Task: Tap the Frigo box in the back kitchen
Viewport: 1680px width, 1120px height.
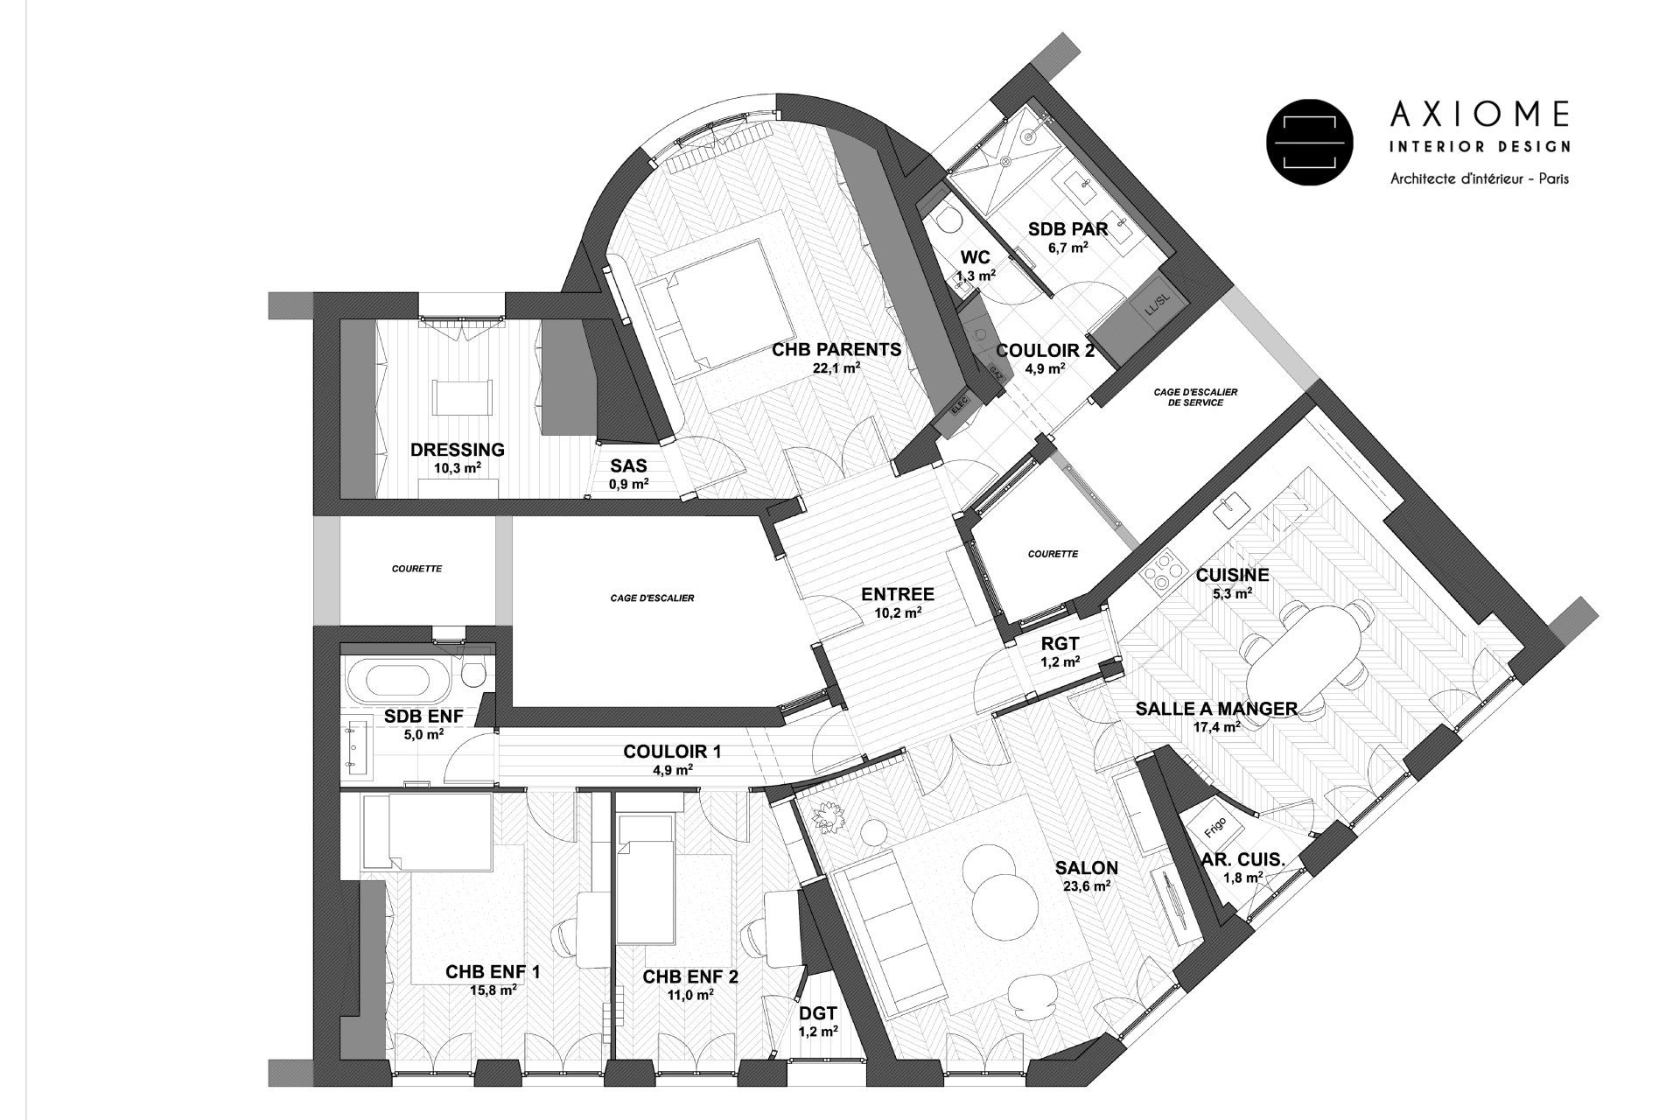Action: [1211, 828]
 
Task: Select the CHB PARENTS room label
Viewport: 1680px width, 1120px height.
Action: [836, 350]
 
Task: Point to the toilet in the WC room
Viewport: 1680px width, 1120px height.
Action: [946, 220]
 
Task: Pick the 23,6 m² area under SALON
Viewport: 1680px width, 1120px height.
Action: [1086, 885]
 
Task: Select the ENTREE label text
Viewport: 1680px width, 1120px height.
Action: [898, 595]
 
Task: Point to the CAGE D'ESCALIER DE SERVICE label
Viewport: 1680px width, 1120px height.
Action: [1194, 397]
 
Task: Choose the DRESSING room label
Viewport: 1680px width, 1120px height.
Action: [457, 450]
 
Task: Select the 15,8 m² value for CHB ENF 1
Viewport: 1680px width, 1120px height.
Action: [493, 990]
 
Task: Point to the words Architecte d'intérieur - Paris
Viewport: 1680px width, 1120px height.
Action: [1479, 178]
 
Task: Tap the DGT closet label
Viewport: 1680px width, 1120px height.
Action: [818, 1014]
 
